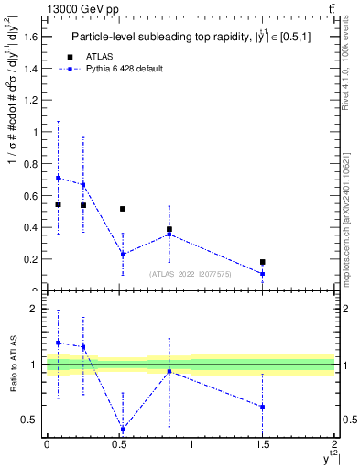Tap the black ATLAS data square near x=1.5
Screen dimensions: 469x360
tap(263, 262)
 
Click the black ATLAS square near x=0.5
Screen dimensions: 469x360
tap(123, 209)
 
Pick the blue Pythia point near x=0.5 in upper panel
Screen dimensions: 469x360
tap(123, 255)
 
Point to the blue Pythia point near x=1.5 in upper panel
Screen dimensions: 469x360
tap(263, 274)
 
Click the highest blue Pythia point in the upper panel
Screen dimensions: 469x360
tap(59, 178)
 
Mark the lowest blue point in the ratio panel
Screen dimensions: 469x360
tap(123, 430)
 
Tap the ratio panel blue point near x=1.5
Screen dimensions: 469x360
tap(263, 407)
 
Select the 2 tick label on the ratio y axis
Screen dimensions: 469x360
tap(37, 310)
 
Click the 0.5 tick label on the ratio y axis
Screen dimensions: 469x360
tap(32, 420)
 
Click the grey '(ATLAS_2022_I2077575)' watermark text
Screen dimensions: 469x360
tap(189, 274)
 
